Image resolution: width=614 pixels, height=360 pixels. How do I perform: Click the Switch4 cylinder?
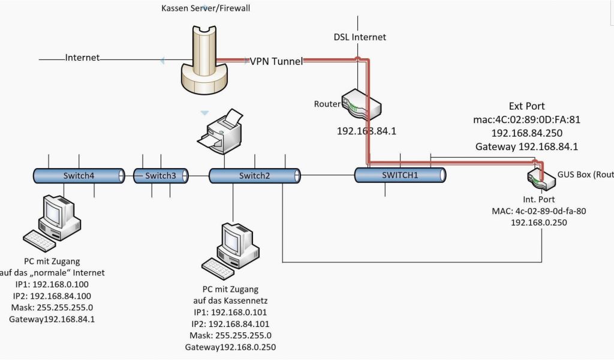tap(79, 176)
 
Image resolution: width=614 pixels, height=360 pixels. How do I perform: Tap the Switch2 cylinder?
tap(254, 176)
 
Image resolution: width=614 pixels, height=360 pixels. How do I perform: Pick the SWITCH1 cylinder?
tap(400, 175)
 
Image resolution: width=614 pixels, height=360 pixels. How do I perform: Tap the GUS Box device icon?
tap(538, 176)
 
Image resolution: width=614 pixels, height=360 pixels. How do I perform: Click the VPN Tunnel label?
tap(276, 61)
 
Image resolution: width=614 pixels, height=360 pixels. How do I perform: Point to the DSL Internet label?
tap(360, 37)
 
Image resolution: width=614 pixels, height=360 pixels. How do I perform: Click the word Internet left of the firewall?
tap(82, 58)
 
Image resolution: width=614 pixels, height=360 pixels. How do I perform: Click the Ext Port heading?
tap(526, 106)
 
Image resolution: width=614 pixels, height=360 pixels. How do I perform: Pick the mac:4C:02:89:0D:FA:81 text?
tap(526, 120)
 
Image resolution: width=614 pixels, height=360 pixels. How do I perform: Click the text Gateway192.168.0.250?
tap(230, 347)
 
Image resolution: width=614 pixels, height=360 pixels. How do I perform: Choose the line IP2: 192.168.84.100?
tap(52, 296)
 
